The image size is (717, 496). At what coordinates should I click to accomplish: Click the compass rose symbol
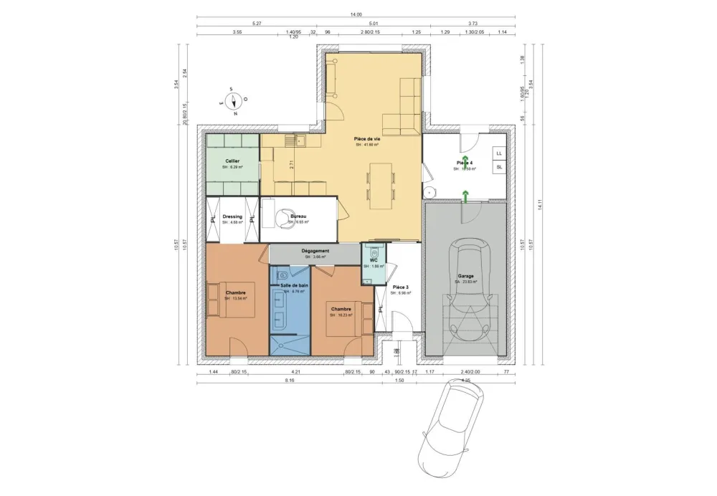(233, 101)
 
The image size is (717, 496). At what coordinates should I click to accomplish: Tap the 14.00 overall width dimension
(356, 14)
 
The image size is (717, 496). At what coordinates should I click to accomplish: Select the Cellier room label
(232, 161)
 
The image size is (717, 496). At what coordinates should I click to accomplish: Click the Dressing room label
(232, 216)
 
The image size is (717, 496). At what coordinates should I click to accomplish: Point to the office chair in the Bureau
(286, 215)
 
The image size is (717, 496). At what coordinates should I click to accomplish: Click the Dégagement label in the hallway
(315, 251)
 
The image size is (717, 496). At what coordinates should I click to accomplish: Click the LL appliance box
(499, 153)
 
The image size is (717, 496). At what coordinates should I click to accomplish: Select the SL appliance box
(499, 168)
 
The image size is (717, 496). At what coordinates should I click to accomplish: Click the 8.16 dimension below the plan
(290, 381)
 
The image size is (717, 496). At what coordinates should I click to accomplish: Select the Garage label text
(465, 275)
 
